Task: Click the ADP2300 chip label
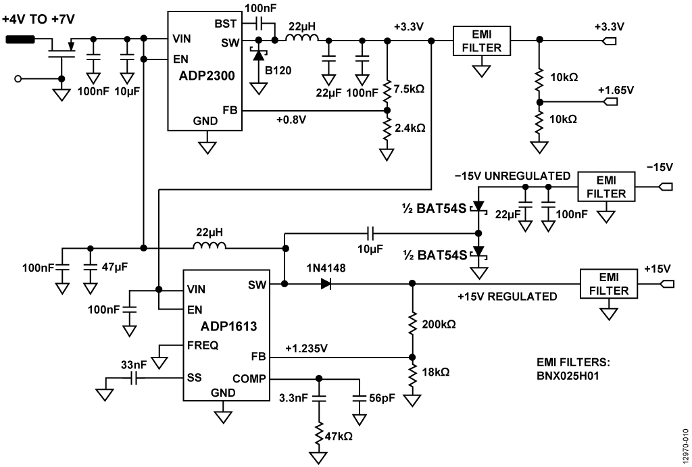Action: (203, 76)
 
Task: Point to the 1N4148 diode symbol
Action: (327, 285)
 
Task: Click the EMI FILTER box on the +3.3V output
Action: (482, 41)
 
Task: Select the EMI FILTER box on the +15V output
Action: (607, 284)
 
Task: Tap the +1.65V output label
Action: (616, 89)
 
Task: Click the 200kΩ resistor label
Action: (439, 324)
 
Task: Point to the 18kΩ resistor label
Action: (435, 372)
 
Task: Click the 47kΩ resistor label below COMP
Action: (339, 436)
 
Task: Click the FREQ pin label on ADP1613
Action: (203, 345)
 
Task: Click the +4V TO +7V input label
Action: (38, 20)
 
